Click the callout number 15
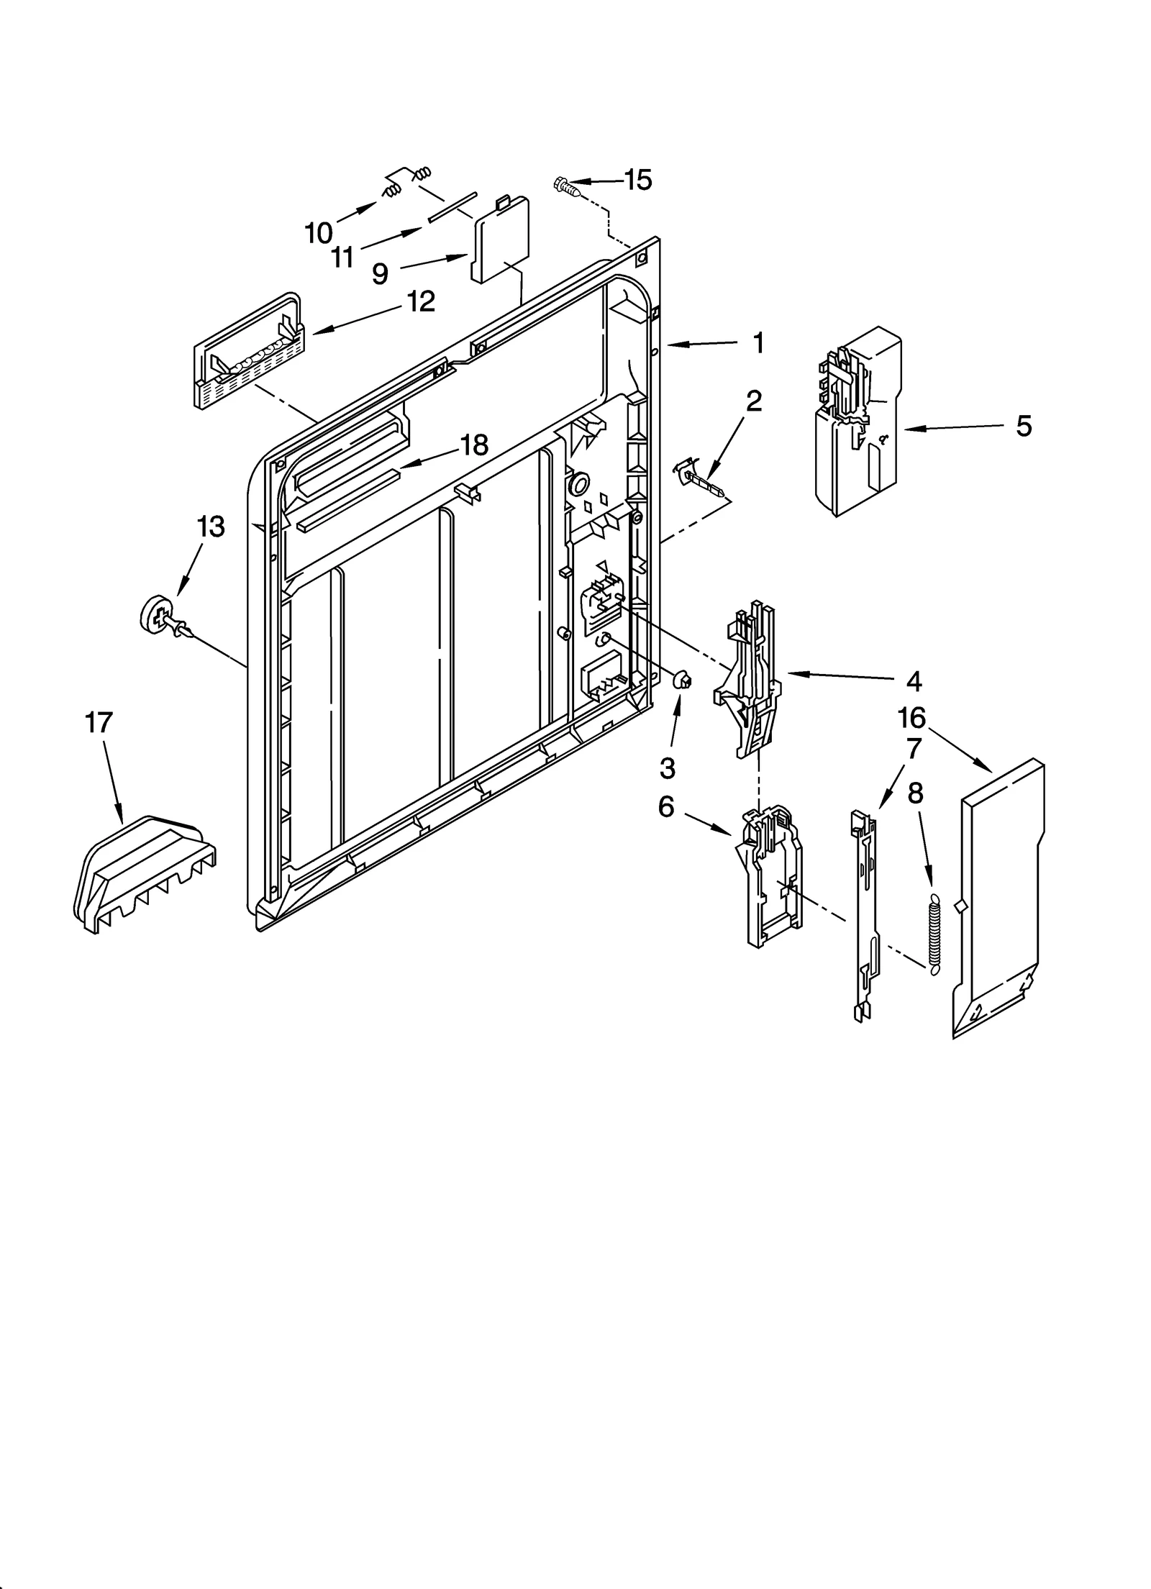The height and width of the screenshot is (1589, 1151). [637, 180]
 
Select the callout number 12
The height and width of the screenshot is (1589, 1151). [421, 301]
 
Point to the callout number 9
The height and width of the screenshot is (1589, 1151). [381, 273]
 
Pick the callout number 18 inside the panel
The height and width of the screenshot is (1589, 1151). [474, 445]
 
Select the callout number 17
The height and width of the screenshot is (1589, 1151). [99, 721]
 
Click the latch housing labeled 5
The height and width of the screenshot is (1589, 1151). [856, 424]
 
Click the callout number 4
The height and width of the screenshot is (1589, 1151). [913, 680]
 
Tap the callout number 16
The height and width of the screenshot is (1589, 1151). [911, 717]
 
